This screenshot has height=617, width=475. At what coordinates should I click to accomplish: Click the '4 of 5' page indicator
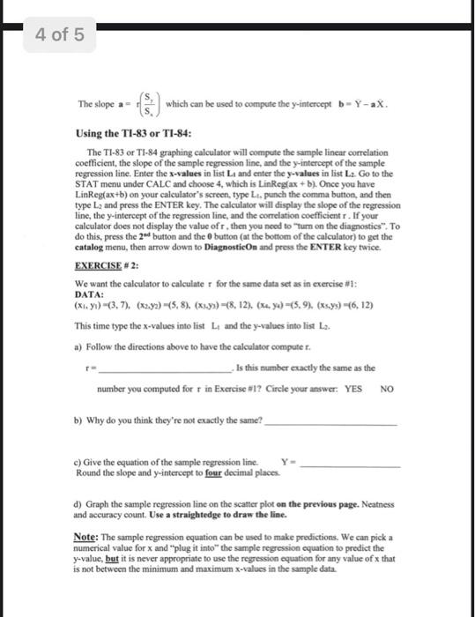(x=60, y=35)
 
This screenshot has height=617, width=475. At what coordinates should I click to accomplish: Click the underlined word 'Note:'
(x=86, y=536)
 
